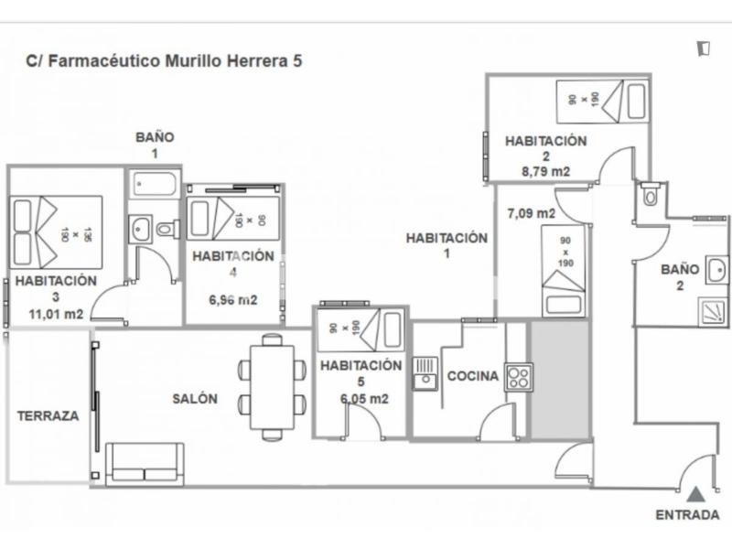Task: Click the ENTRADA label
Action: click(x=687, y=515)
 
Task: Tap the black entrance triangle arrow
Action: click(x=695, y=494)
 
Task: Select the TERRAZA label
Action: click(x=48, y=416)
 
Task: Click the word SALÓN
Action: click(x=195, y=399)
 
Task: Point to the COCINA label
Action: click(x=472, y=376)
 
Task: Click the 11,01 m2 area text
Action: click(x=56, y=314)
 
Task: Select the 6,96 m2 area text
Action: click(x=233, y=300)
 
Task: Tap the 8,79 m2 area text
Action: click(x=545, y=172)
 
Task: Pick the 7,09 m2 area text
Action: click(x=532, y=213)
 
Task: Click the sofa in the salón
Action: click(x=145, y=465)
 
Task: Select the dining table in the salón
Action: click(x=272, y=387)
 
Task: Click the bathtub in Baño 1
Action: click(x=154, y=184)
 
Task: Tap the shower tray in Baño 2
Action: click(x=713, y=311)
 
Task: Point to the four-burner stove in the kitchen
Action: click(x=518, y=378)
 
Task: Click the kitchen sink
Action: click(x=425, y=373)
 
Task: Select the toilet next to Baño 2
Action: click(x=650, y=194)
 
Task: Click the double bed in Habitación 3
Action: click(x=56, y=232)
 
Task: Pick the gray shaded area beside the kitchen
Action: click(x=560, y=380)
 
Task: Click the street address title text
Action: click(x=165, y=60)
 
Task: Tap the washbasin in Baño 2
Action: click(x=716, y=269)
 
